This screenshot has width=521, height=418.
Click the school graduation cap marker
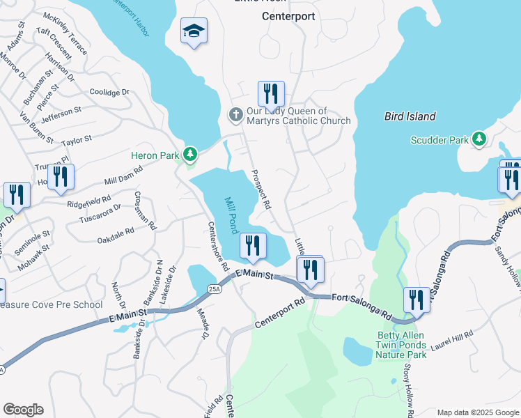[194, 31]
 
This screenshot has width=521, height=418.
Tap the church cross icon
[235, 114]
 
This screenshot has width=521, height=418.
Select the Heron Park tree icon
[189, 153]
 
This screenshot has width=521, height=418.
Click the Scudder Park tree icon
[479, 139]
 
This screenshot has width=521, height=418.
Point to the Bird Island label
[410, 116]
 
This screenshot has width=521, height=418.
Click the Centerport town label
[288, 15]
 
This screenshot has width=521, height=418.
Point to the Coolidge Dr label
[110, 92]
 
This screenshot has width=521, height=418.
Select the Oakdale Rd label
[116, 234]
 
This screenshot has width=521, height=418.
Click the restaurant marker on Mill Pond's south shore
[252, 246]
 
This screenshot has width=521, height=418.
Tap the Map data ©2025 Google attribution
[477, 412]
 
